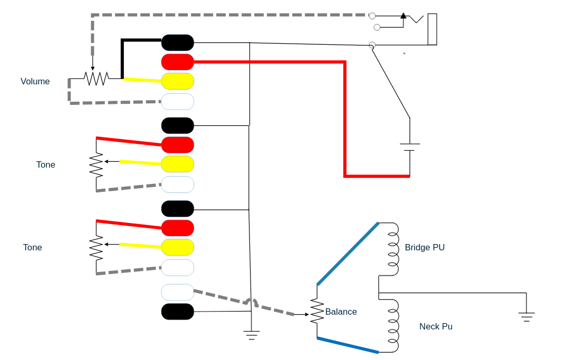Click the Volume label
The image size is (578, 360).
[35, 81]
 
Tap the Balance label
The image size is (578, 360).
[341, 312]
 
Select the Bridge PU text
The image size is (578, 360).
[425, 247]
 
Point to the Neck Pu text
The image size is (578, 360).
[436, 326]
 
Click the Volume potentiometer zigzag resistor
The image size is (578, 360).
[97, 79]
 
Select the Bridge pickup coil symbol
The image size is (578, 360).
[393, 249]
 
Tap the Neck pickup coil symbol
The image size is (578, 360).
[393, 325]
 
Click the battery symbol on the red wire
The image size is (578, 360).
[410, 147]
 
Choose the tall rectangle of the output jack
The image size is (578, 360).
[432, 29]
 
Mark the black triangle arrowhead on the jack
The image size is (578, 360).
[403, 16]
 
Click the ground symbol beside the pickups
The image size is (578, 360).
[526, 317]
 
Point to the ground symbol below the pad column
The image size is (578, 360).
[252, 335]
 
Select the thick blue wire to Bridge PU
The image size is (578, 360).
[348, 254]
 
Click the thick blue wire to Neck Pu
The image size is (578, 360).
[348, 345]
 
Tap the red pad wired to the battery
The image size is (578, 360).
[178, 62]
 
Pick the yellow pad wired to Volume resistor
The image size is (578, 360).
[178, 81]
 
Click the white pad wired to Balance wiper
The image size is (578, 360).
[178, 292]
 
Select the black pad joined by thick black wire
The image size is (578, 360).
[178, 43]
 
